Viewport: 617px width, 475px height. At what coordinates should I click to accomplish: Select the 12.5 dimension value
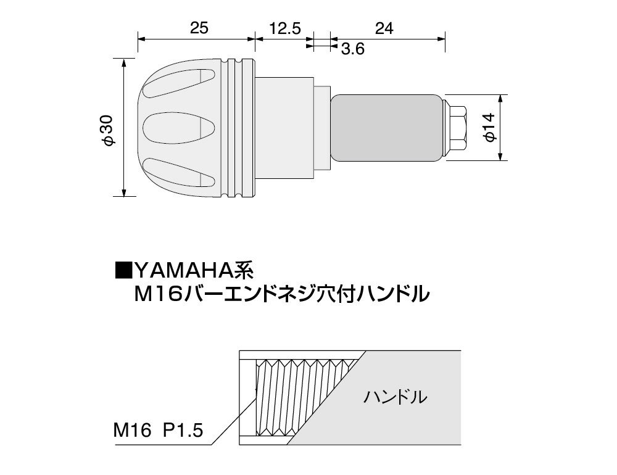(x=285, y=28)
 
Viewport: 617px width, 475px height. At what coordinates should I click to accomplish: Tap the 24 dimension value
(x=384, y=28)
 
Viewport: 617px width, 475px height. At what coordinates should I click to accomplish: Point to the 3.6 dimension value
(x=352, y=49)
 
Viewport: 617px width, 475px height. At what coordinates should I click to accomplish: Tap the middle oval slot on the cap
(x=179, y=128)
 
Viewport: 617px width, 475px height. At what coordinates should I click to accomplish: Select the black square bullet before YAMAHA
(x=123, y=270)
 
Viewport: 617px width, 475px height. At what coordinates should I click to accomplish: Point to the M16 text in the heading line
(x=157, y=294)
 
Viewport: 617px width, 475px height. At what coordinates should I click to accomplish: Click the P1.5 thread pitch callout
(x=183, y=430)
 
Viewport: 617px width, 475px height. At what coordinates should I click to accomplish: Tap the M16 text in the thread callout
(x=132, y=430)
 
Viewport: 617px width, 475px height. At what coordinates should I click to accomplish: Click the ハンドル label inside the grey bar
(x=395, y=397)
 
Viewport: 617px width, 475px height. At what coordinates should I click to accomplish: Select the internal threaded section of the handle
(x=303, y=398)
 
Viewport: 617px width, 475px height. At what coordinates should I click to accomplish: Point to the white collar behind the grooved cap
(x=284, y=128)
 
